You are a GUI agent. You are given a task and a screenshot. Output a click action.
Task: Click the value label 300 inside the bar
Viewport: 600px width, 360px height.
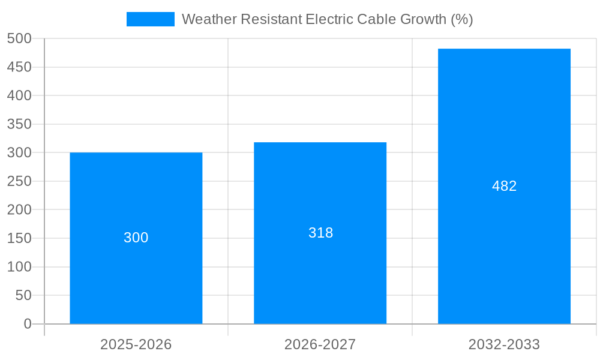coord(136,238)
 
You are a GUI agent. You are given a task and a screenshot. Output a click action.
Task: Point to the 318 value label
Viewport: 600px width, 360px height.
coord(320,233)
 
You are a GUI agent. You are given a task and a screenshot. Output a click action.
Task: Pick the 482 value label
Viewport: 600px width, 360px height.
coord(504,186)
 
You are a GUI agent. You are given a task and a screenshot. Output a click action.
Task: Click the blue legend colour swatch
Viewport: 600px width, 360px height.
coord(150,19)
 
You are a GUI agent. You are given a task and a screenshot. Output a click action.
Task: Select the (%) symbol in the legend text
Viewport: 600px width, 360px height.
coord(462,19)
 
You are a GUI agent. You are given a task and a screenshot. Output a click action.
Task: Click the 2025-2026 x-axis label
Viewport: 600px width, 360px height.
coord(136,344)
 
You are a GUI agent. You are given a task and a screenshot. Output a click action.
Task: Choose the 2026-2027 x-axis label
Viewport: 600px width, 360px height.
coord(320,344)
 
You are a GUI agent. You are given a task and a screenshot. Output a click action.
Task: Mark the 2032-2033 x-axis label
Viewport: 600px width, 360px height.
coord(504,344)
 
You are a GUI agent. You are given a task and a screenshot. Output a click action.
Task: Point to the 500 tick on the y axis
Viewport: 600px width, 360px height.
coord(19,38)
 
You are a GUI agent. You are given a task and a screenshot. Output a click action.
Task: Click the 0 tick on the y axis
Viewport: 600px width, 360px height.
coord(27,324)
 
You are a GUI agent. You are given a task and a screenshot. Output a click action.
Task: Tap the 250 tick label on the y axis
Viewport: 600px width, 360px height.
coord(19,181)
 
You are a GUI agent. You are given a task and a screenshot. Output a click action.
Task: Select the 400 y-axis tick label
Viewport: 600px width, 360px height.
coord(19,95)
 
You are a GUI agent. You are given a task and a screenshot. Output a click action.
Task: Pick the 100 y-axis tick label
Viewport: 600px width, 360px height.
coord(19,267)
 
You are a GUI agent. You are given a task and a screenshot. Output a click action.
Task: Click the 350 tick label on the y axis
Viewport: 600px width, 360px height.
coord(19,124)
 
